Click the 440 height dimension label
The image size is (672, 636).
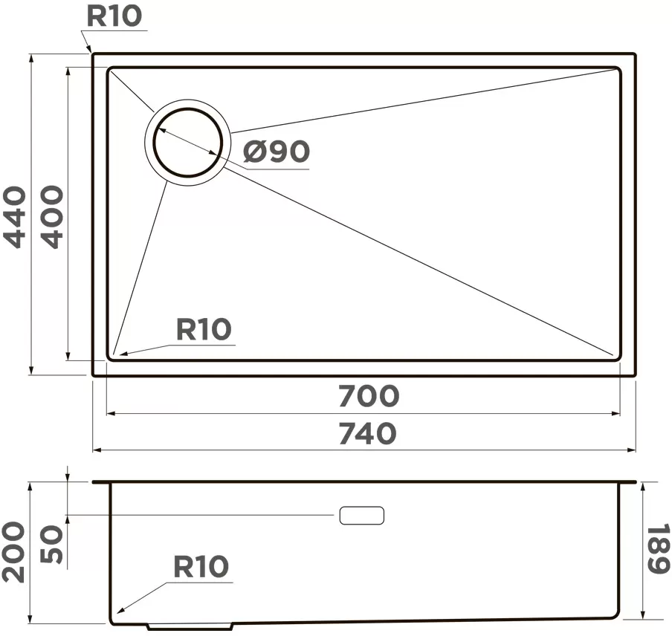point(15,217)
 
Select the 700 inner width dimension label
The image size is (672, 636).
point(369,396)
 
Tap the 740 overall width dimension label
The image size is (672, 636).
point(368,433)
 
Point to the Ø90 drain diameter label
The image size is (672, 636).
point(277,151)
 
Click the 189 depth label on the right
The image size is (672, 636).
point(657,548)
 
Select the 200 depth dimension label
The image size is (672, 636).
point(13,552)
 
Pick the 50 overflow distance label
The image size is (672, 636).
point(51,545)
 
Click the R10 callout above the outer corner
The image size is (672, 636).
point(114,16)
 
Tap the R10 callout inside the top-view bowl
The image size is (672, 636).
point(204,329)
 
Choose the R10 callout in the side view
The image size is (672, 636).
point(201,567)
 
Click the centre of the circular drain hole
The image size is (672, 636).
point(188,142)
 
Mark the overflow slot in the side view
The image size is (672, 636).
point(362,515)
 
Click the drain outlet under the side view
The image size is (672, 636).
point(190,626)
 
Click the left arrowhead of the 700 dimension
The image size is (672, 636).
point(111,413)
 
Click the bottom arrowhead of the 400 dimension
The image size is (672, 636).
point(68,356)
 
